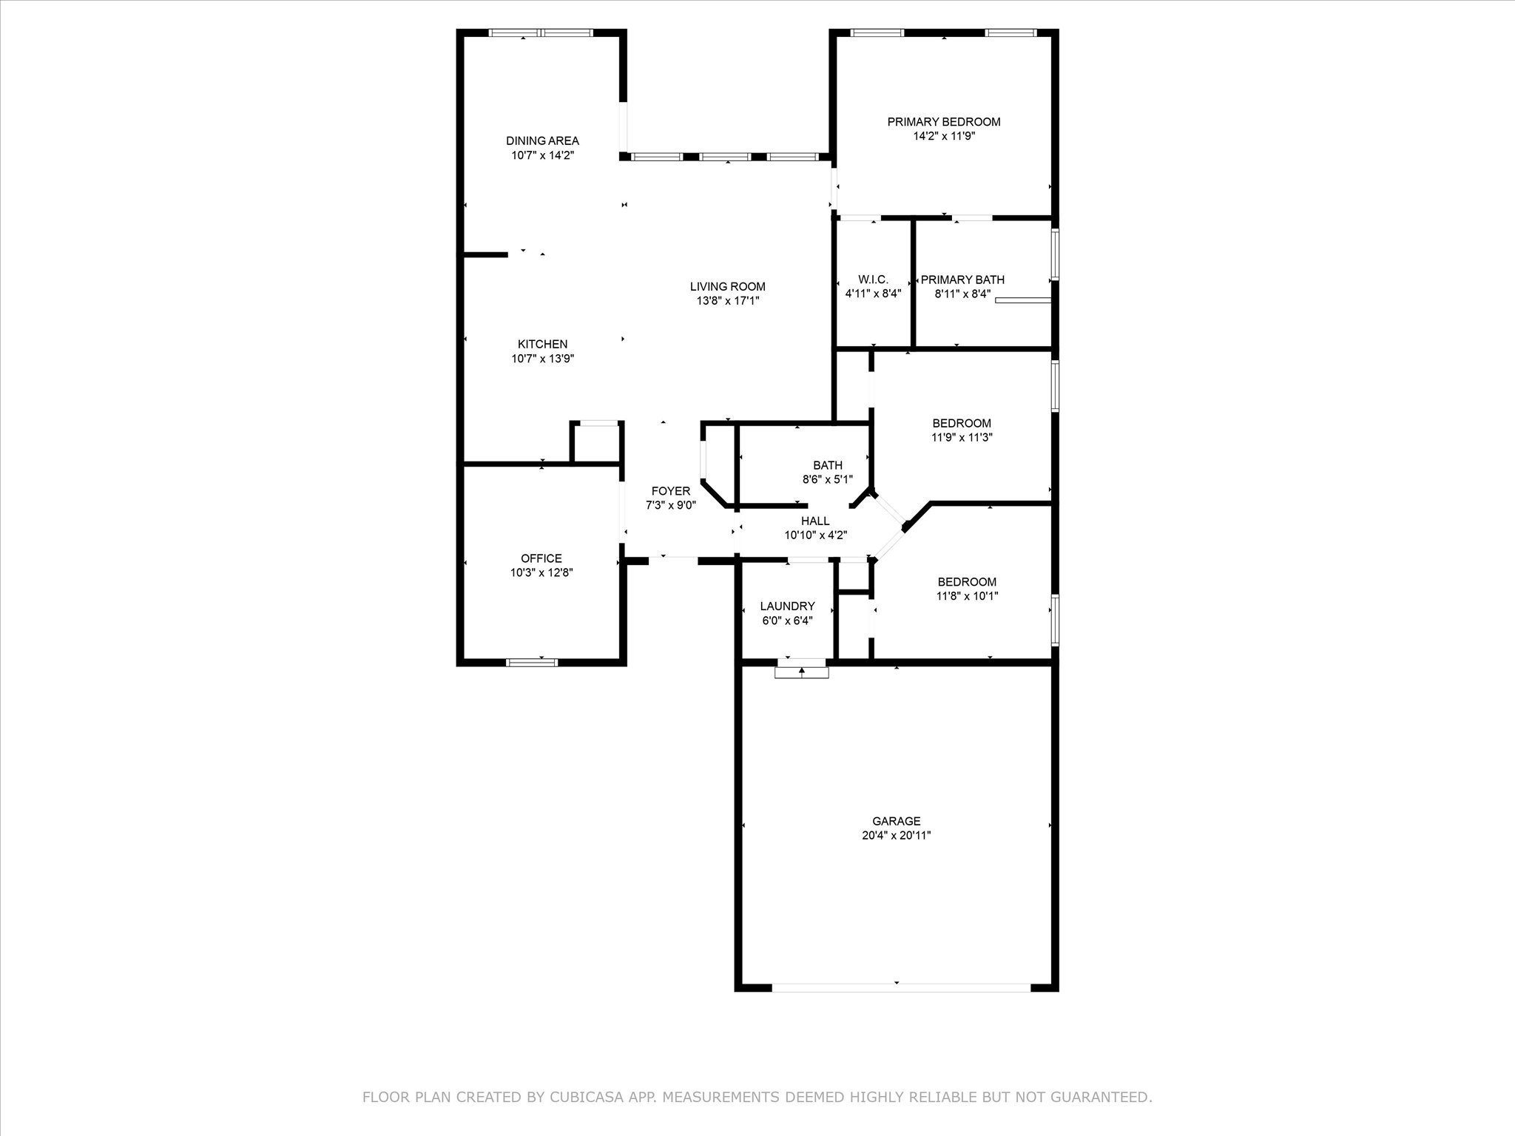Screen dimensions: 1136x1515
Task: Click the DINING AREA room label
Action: click(542, 141)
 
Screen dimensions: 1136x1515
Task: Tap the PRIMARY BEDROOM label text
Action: click(944, 122)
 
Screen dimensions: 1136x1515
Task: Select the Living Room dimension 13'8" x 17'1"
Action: click(727, 301)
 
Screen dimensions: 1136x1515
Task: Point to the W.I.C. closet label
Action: click(873, 280)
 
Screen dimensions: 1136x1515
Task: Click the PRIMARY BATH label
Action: click(962, 280)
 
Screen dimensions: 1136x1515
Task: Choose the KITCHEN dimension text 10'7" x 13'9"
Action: click(542, 359)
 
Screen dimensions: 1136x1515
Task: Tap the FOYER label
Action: click(671, 491)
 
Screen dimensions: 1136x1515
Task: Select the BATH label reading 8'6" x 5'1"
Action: click(827, 472)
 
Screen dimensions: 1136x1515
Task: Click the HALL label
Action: click(815, 521)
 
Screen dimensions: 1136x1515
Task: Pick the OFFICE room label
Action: click(541, 558)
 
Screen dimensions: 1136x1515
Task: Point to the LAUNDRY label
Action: click(787, 606)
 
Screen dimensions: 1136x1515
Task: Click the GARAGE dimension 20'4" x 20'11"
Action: click(897, 836)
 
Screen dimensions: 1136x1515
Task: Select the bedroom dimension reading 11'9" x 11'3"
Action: click(962, 437)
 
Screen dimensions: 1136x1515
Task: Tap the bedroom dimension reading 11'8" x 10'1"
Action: click(967, 595)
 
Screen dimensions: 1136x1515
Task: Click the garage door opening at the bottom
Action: click(901, 987)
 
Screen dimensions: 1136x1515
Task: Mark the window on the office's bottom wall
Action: click(532, 662)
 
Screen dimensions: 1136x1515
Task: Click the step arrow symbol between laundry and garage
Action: click(802, 672)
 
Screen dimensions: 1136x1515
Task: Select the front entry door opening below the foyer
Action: click(673, 560)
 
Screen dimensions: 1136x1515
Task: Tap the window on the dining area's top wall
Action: click(541, 33)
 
